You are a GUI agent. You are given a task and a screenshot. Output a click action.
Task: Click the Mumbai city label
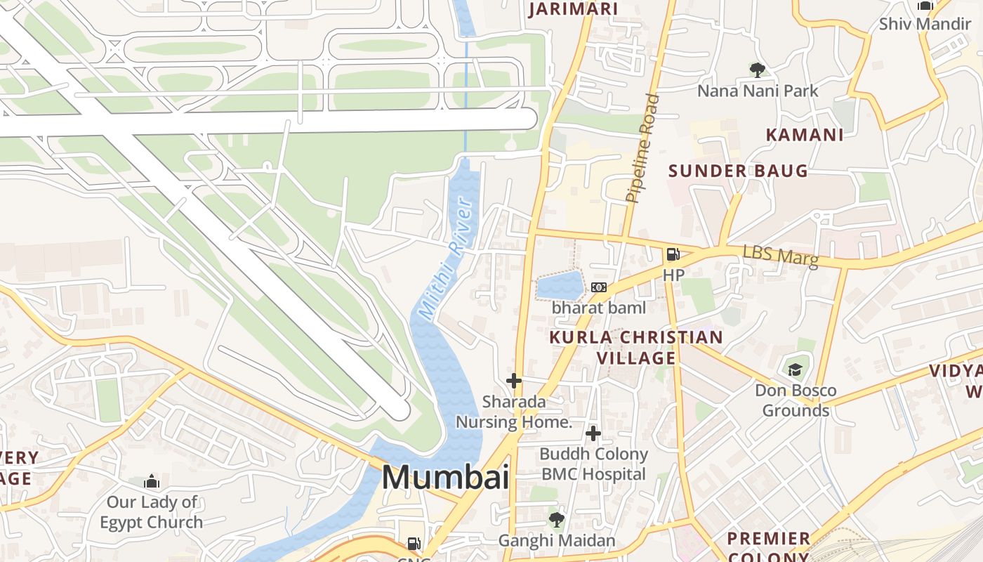(x=445, y=478)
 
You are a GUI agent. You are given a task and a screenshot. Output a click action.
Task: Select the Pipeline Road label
(x=642, y=148)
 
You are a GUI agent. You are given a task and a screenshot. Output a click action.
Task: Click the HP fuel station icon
(x=673, y=254)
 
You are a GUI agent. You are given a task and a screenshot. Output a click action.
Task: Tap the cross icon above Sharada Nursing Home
(x=514, y=381)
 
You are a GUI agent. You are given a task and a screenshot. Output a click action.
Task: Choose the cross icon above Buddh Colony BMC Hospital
(x=593, y=433)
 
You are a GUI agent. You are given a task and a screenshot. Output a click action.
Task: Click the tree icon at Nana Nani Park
(x=757, y=70)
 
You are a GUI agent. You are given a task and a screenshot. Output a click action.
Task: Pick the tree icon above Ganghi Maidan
(x=556, y=520)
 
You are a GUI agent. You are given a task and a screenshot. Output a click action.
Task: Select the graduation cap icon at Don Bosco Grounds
(x=795, y=370)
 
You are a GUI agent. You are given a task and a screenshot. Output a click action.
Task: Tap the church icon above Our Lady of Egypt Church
(x=151, y=482)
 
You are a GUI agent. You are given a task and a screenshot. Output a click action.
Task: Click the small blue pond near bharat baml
(x=560, y=286)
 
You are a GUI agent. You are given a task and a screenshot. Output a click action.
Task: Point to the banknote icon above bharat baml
(x=598, y=287)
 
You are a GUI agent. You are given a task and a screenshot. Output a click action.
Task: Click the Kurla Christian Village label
(x=636, y=347)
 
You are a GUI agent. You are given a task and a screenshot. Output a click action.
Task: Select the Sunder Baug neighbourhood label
(x=738, y=171)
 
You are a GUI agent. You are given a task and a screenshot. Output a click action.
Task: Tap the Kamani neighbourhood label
(x=804, y=135)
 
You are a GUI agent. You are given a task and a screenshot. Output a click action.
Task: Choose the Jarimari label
(x=573, y=9)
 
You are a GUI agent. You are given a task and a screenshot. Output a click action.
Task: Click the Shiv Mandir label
(x=925, y=24)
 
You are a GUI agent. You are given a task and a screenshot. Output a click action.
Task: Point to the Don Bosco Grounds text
(x=796, y=400)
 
